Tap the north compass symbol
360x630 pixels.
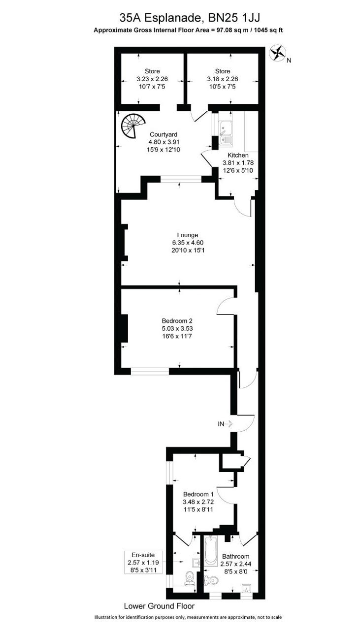tap(278, 53)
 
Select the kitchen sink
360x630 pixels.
tap(226, 133)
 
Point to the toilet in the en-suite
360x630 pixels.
tap(189, 577)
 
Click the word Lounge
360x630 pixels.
tap(188, 235)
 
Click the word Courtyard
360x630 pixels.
tap(164, 134)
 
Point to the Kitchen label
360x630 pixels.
tap(237, 155)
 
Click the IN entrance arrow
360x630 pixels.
tap(225, 423)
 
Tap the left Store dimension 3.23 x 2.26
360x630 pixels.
tap(152, 79)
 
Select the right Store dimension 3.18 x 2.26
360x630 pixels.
tap(222, 79)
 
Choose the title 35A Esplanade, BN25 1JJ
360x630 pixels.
tap(190, 18)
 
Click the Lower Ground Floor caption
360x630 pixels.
tap(159, 606)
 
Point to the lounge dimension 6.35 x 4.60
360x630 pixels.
tap(188, 242)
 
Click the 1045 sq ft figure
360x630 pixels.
tap(266, 30)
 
